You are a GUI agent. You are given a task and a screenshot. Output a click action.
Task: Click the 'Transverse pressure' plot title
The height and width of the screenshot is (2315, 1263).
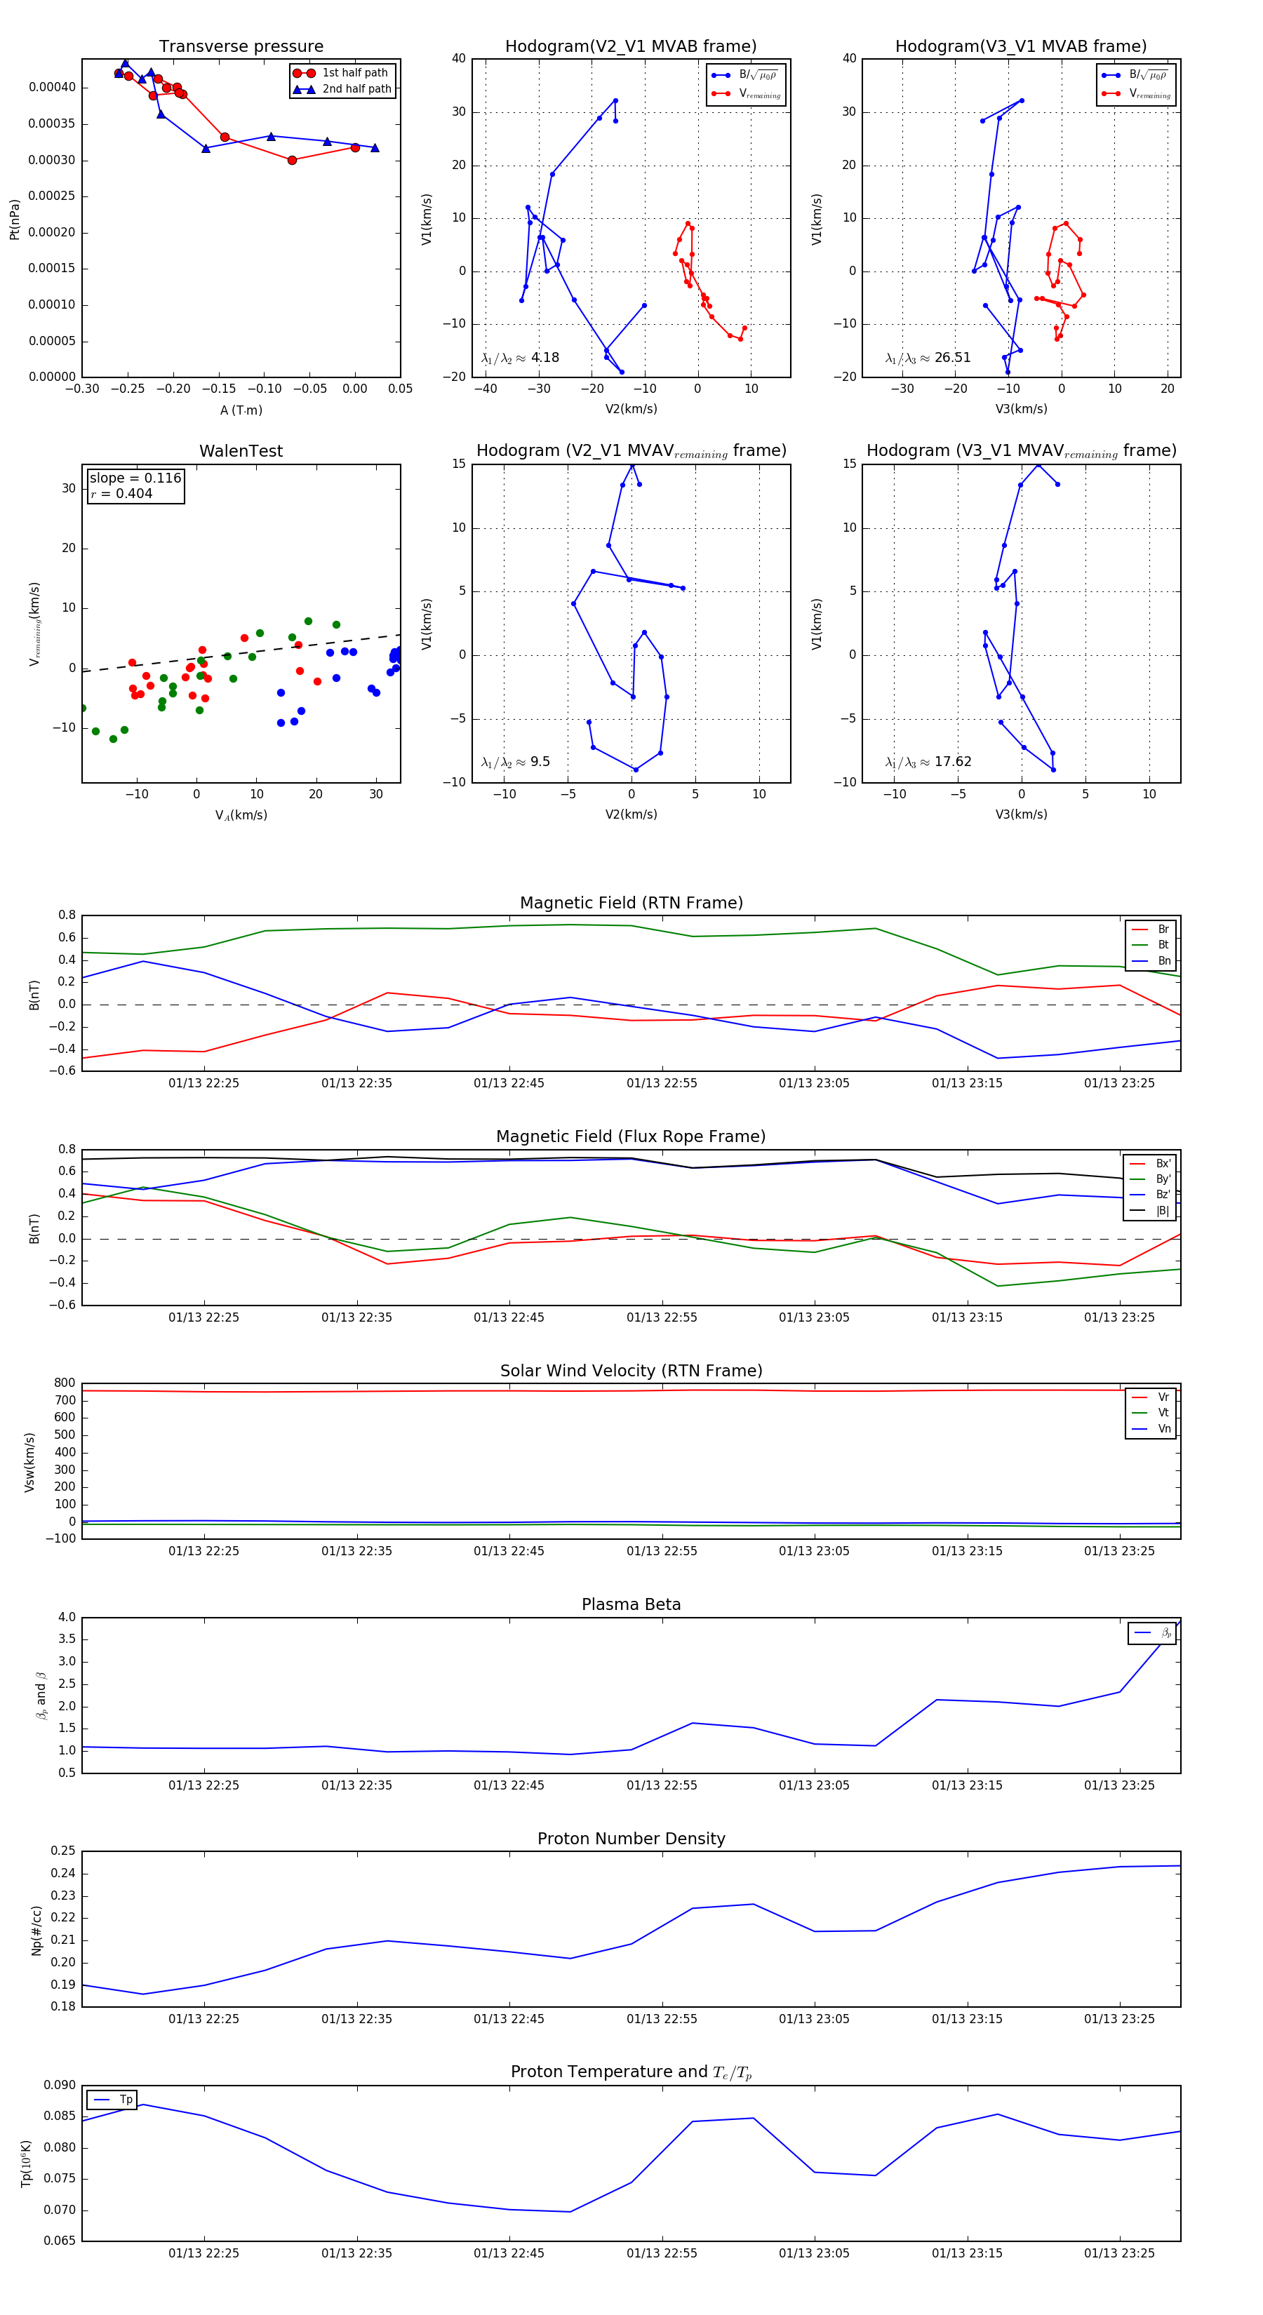(241, 47)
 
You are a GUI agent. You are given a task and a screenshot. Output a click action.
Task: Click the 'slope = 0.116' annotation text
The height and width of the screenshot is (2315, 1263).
(135, 478)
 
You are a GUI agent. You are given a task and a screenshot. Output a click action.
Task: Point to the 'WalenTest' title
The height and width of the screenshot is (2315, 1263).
(241, 451)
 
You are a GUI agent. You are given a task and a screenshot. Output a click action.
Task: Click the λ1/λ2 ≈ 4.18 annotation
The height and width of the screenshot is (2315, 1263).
(519, 358)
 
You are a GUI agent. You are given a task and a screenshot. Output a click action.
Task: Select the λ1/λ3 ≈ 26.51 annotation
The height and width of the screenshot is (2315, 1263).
(927, 358)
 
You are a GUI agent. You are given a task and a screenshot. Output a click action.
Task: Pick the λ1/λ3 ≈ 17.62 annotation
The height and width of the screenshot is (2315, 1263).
(927, 762)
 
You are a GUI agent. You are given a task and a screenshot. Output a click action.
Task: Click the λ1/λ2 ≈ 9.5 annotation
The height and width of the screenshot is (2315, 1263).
(515, 762)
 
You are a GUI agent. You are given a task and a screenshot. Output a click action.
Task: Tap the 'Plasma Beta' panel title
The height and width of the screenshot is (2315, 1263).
(631, 1604)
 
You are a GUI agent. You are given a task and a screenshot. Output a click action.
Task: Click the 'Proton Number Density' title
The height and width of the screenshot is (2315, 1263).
(631, 1839)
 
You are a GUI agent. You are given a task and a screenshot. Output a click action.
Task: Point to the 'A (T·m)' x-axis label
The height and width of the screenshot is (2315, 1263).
(241, 410)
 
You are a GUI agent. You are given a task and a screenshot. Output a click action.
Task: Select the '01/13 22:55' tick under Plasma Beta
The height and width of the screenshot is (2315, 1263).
(662, 1785)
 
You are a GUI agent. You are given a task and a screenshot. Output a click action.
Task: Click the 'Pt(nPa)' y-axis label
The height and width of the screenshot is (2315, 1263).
(14, 218)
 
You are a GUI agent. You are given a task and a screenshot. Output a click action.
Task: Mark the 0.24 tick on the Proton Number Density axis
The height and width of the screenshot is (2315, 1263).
(63, 1874)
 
